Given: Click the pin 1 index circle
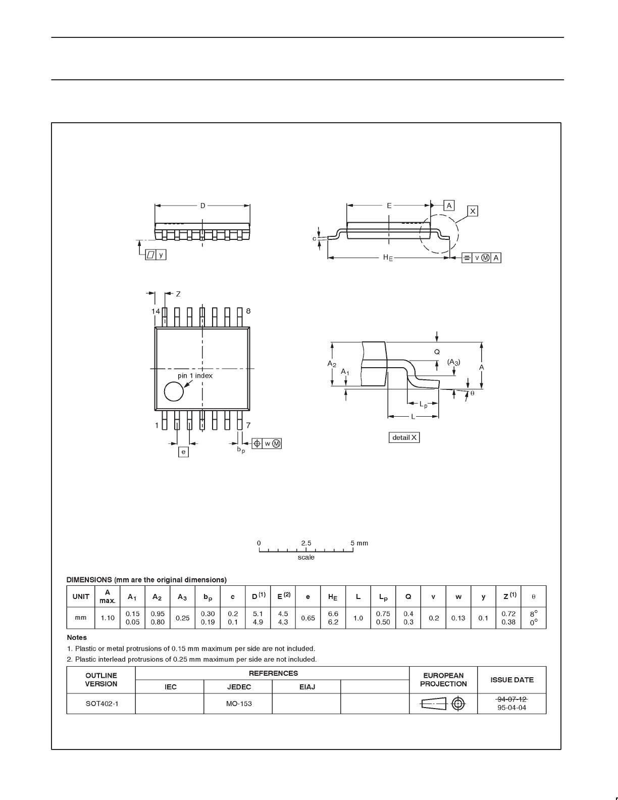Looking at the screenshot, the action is pyautogui.click(x=173, y=391).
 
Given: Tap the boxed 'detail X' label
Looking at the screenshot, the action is pyautogui.click(x=404, y=437).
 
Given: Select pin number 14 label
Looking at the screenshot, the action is pyautogui.click(x=156, y=312).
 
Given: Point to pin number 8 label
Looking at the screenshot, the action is pyautogui.click(x=248, y=311).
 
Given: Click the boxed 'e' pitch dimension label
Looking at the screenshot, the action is pyautogui.click(x=183, y=452).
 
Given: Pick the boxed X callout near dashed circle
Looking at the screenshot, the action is pyautogui.click(x=473, y=211).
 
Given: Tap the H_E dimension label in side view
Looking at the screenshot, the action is pyautogui.click(x=388, y=258).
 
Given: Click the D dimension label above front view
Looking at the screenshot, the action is pyautogui.click(x=202, y=206).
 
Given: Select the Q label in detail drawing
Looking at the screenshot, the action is pyautogui.click(x=437, y=352).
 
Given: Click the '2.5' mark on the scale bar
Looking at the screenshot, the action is pyautogui.click(x=306, y=543).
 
